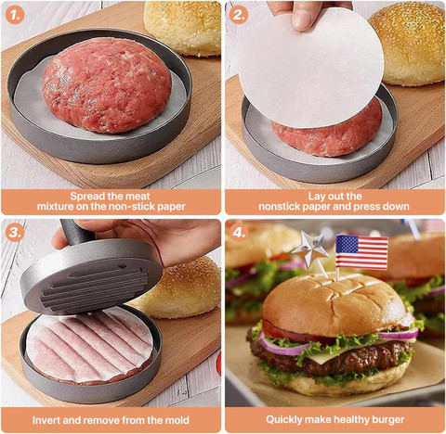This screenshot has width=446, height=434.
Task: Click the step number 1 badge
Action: point(15,15)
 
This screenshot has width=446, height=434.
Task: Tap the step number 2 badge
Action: point(239,15)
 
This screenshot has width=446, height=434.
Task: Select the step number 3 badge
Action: point(15,233)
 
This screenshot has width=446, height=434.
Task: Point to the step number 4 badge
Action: point(239,233)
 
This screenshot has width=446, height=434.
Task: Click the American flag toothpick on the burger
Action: point(361,252)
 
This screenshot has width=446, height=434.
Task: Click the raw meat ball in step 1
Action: point(107,84)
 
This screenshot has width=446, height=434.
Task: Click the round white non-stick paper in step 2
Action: point(310,68)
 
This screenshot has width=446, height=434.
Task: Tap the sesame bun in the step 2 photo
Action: point(408,44)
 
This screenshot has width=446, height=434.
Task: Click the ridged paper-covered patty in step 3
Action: point(89,347)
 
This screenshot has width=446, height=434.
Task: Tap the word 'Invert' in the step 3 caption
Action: point(46,420)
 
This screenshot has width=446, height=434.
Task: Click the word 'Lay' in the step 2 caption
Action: point(316,197)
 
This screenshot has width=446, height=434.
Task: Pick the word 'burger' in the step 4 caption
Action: point(388,420)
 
